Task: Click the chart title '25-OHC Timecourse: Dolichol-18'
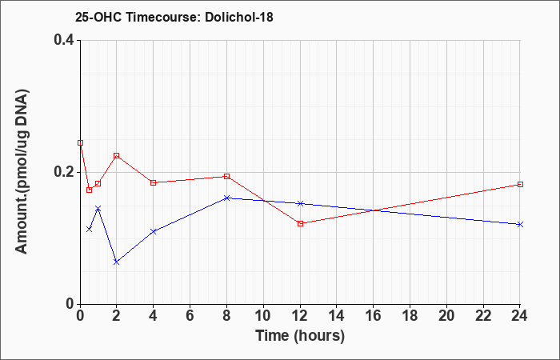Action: pyautogui.click(x=174, y=17)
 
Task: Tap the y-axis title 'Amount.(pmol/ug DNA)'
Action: pyautogui.click(x=22, y=172)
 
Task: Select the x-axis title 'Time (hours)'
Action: pyautogui.click(x=300, y=336)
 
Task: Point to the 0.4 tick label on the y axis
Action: pyautogui.click(x=64, y=40)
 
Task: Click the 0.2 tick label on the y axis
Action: pyautogui.click(x=64, y=172)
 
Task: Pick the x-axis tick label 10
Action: pyautogui.click(x=263, y=316)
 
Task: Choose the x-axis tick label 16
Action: pyautogui.click(x=374, y=316)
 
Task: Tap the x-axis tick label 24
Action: pyautogui.click(x=520, y=316)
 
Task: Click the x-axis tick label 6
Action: pyautogui.click(x=190, y=316)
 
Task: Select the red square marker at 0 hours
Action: pyautogui.click(x=80, y=143)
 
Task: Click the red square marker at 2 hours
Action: pyautogui.click(x=117, y=156)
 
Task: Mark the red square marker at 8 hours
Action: pyautogui.click(x=226, y=177)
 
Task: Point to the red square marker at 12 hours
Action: pyautogui.click(x=300, y=223)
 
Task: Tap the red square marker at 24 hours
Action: pyautogui.click(x=520, y=184)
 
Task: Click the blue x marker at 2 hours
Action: pyautogui.click(x=117, y=262)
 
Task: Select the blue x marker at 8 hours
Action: pyautogui.click(x=226, y=198)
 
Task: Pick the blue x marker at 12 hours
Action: pyautogui.click(x=300, y=203)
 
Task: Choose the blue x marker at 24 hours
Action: pyautogui.click(x=520, y=224)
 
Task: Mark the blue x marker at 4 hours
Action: pyautogui.click(x=154, y=231)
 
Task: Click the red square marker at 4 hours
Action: pyautogui.click(x=154, y=183)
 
